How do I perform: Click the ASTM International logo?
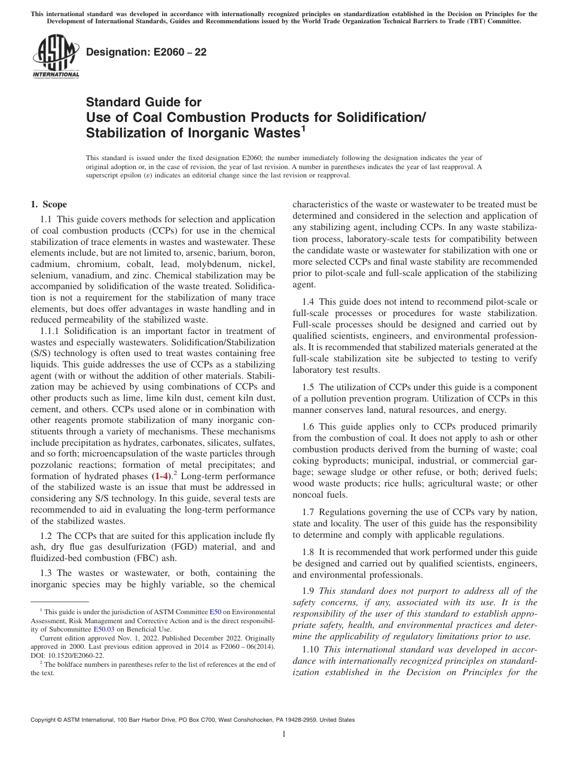[x=55, y=57]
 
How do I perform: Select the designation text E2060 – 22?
[x=146, y=52]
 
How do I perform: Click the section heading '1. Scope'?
[x=49, y=204]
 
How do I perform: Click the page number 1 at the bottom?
[x=284, y=734]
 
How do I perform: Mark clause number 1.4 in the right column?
[x=308, y=302]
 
